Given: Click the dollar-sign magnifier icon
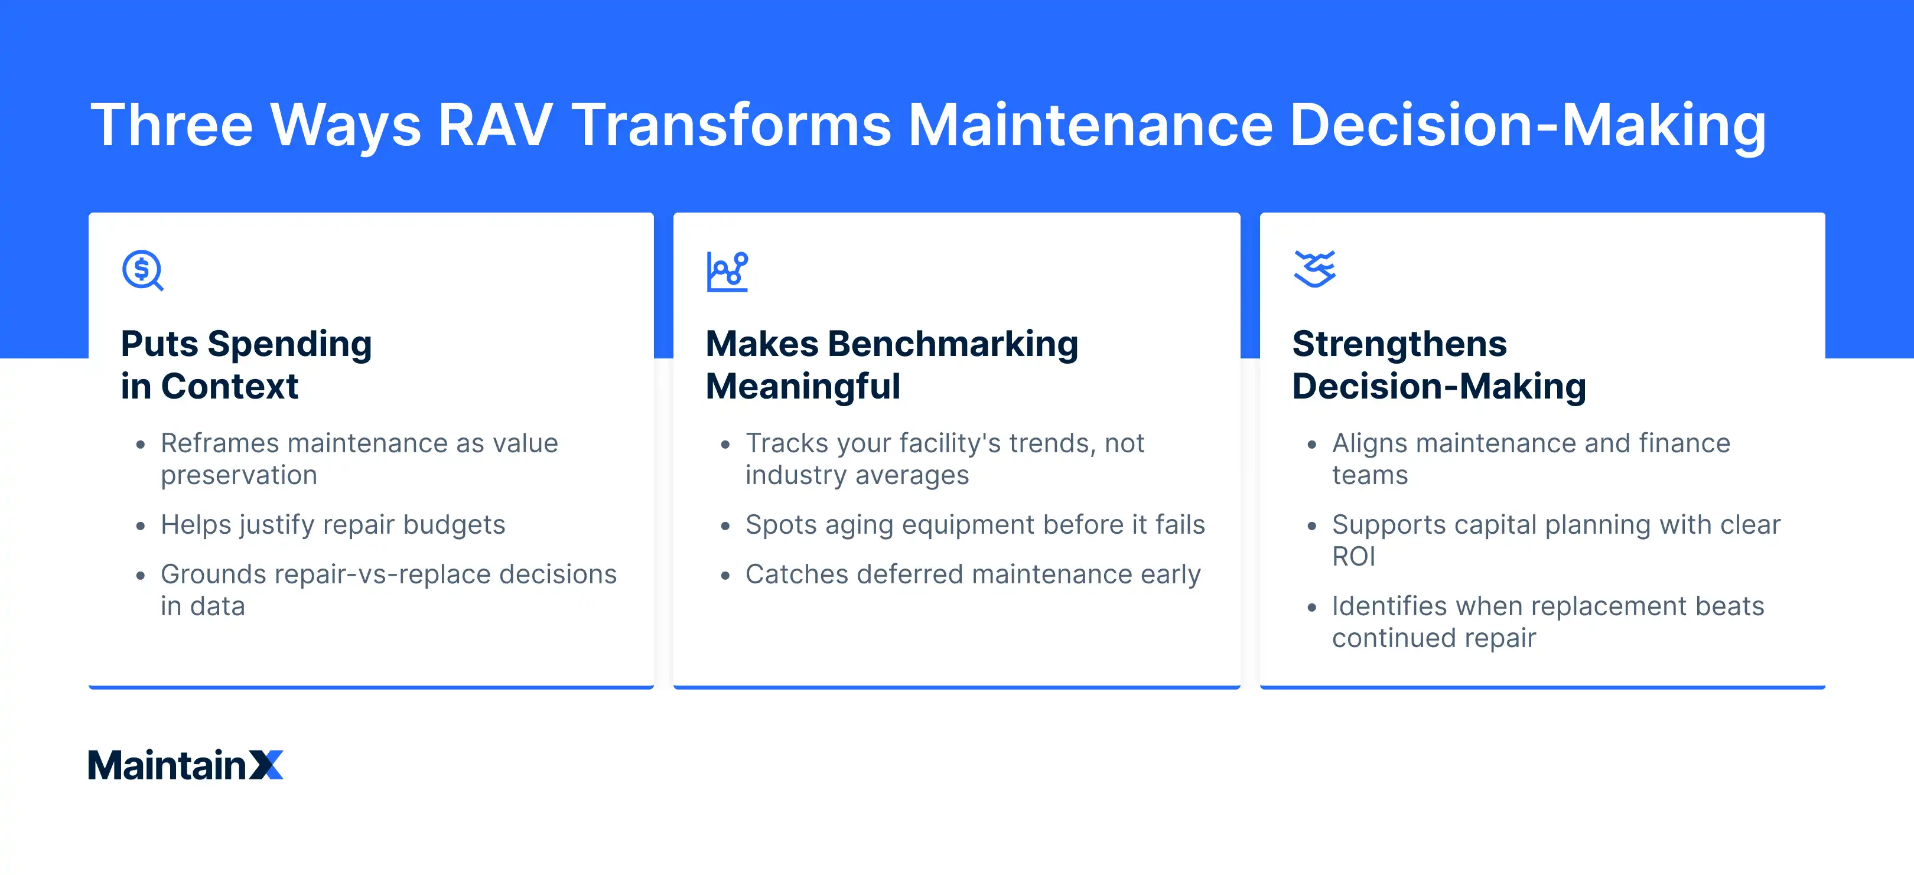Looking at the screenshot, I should pos(142,270).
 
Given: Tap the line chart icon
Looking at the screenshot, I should pos(727,272).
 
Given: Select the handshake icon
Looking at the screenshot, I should pos(1314,269).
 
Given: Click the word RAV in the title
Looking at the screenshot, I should pos(493,125).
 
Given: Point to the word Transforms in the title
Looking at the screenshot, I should pos(731,125).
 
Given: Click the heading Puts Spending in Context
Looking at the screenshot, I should pos(245,365).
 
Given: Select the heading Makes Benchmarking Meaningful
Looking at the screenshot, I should pos(891,365).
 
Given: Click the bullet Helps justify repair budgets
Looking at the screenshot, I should pos(332,524).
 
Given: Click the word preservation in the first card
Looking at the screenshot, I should pos(239,475).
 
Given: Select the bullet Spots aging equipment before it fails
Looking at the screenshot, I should pos(974,524).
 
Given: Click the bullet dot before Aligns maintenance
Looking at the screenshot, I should pos(1311,445).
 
